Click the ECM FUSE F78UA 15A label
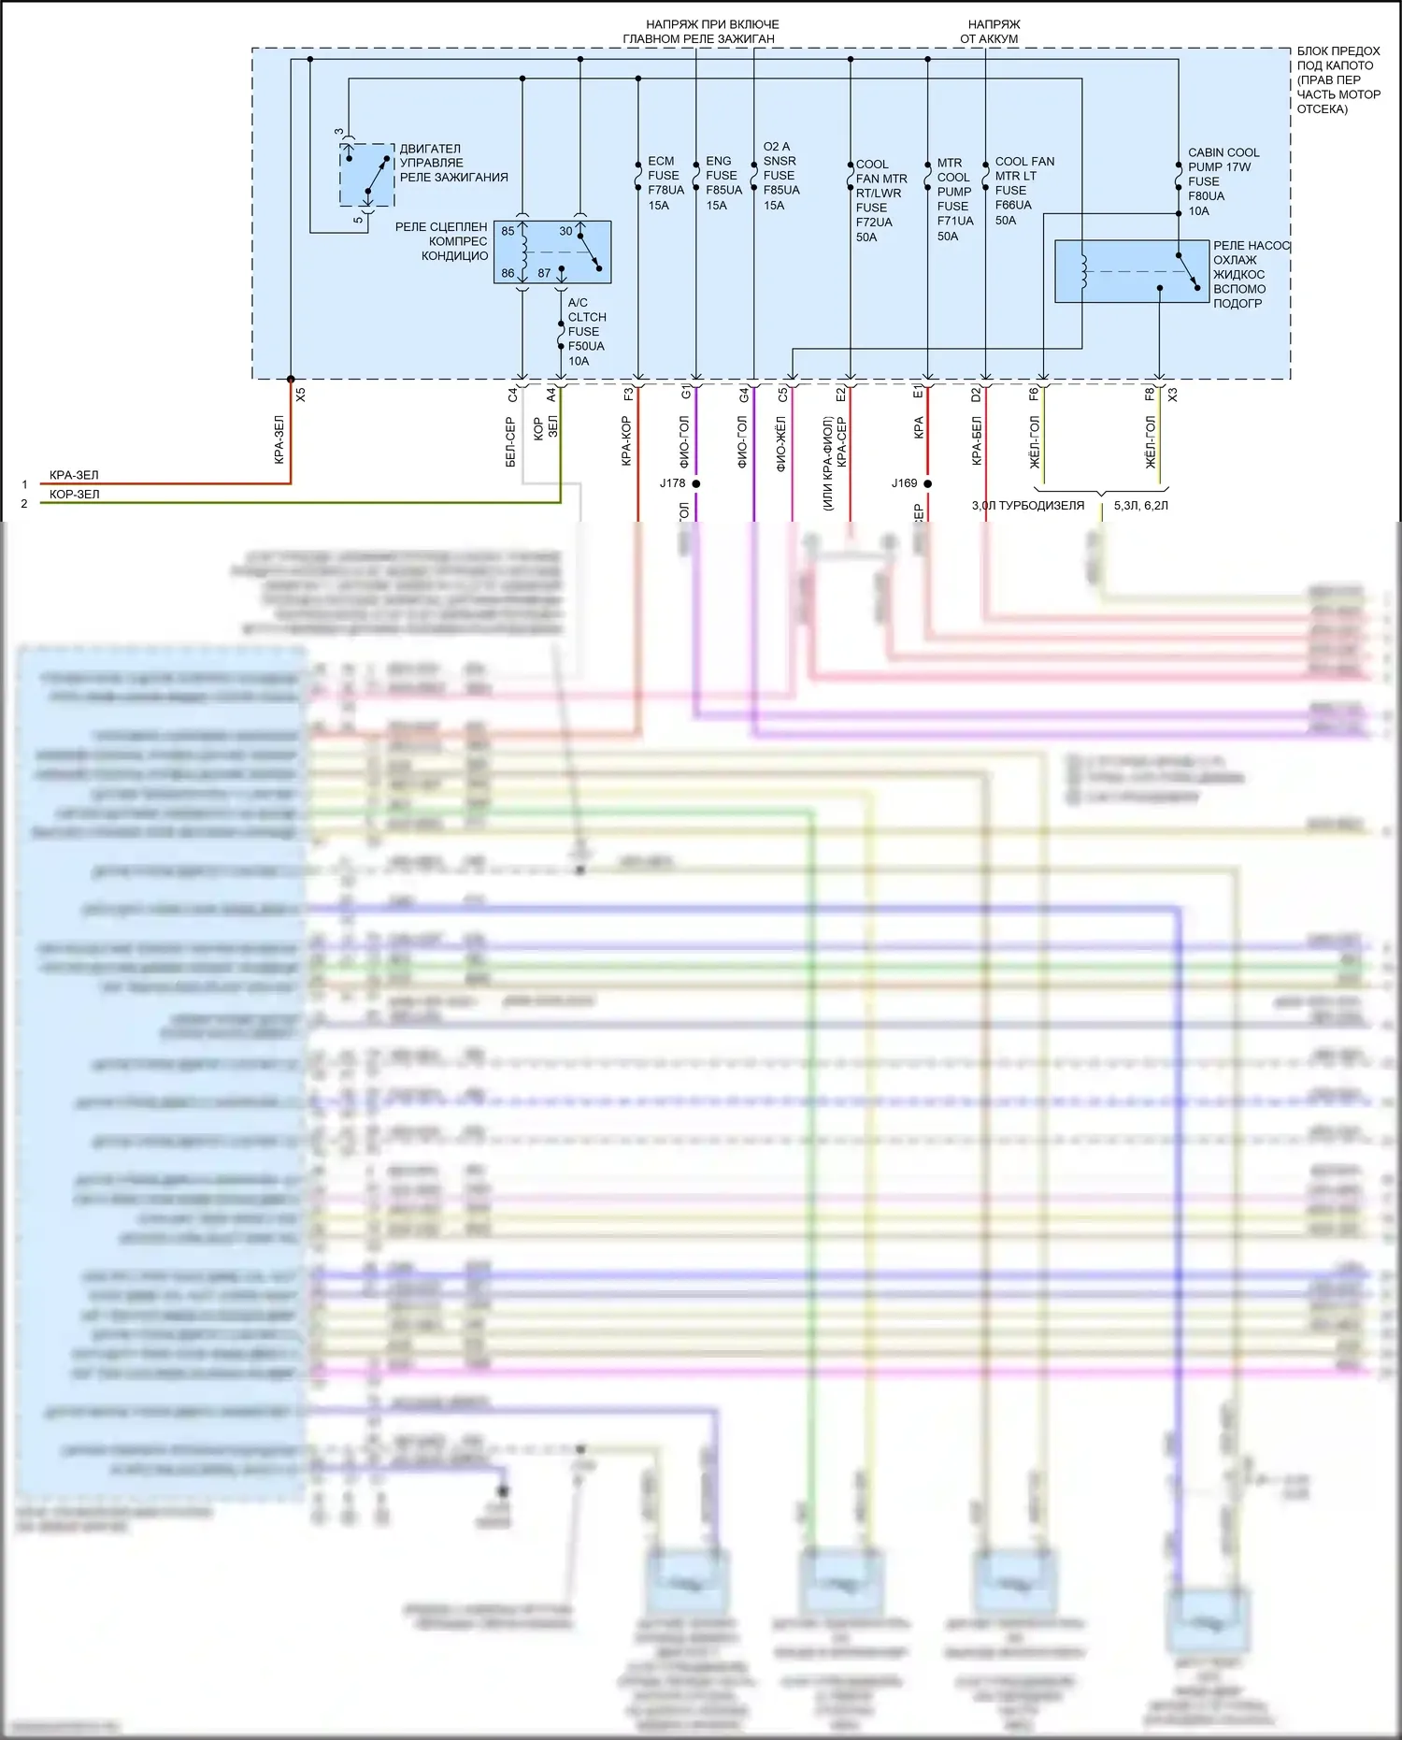665,183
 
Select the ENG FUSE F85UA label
723,183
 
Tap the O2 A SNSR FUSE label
781,176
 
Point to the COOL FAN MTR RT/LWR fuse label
880,200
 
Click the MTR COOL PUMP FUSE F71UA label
954,199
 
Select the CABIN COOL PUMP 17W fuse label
1222,181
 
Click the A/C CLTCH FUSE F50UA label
586,331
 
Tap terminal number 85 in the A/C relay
508,231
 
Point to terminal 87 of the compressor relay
544,273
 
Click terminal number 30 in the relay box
565,231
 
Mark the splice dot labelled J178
695,483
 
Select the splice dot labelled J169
927,483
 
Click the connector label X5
301,395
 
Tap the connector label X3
1173,395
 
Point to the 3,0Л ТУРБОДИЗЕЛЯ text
1028,506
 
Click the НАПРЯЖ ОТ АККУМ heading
990,32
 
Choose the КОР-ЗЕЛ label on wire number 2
74,495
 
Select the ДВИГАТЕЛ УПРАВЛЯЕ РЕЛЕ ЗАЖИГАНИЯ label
453,163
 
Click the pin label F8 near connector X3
1150,395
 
